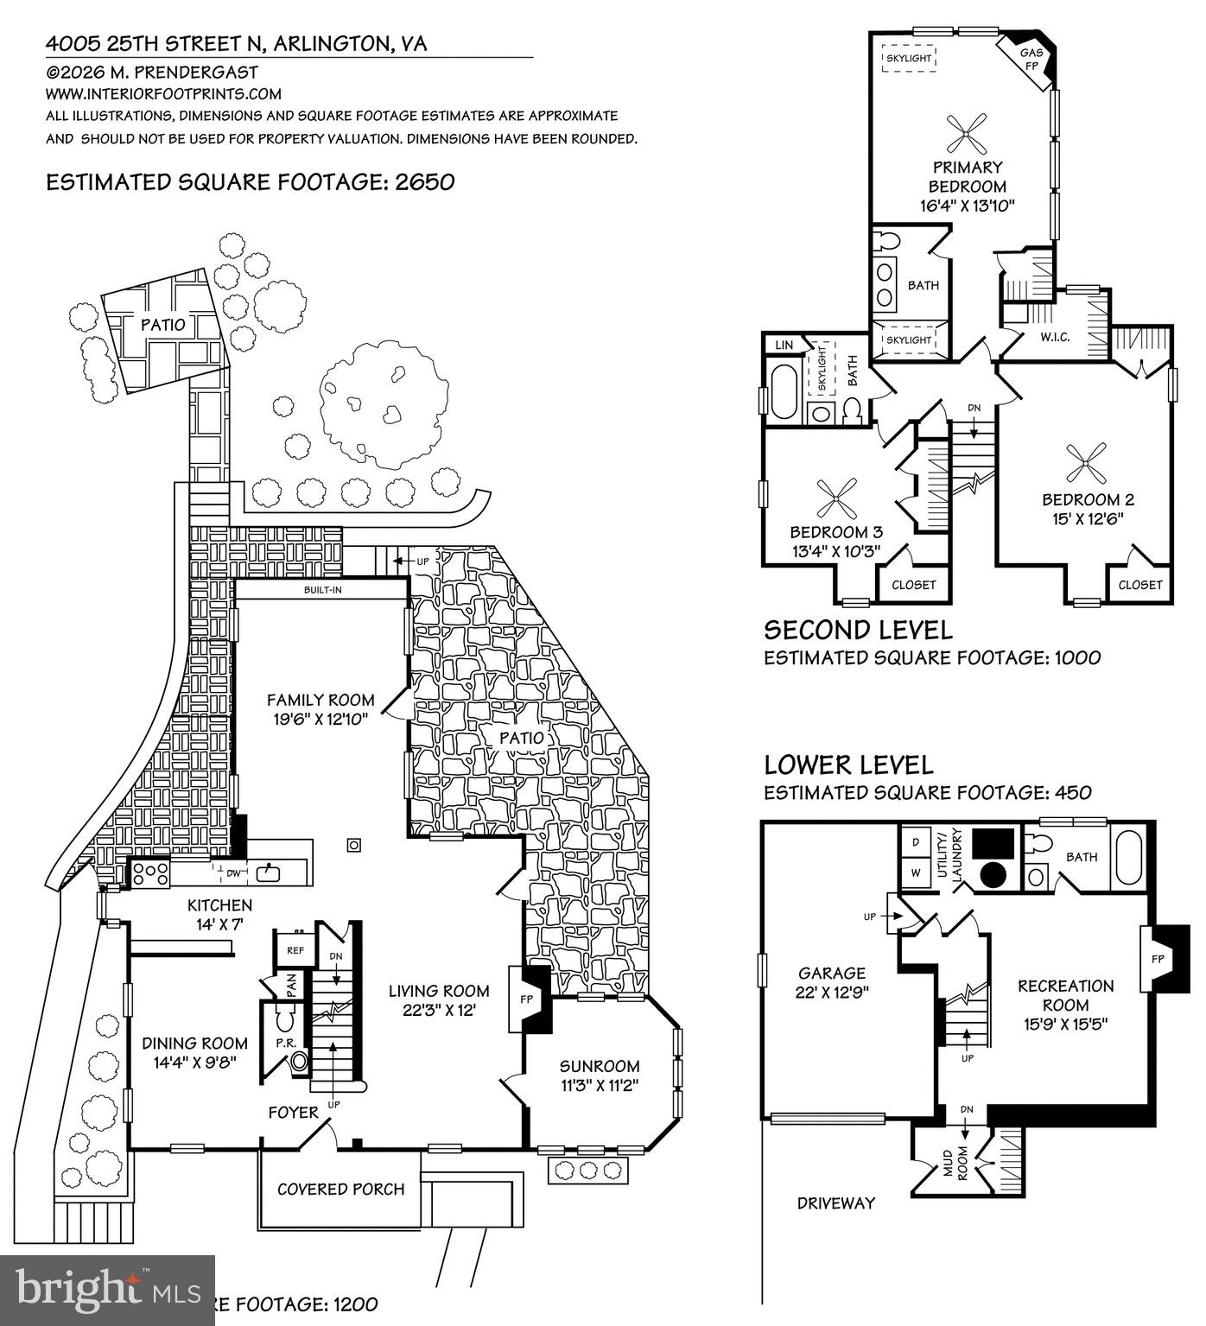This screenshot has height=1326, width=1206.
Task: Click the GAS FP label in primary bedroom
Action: (x=1033, y=58)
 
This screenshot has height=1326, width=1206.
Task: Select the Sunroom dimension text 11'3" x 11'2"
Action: (x=600, y=1086)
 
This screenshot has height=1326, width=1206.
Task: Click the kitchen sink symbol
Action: (x=269, y=872)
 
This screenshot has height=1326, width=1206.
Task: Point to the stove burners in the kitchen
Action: (x=150, y=874)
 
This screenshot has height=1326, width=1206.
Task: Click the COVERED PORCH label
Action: (x=341, y=1190)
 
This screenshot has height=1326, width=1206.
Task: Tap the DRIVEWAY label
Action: (x=836, y=1202)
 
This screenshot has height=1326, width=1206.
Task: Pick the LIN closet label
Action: (x=784, y=345)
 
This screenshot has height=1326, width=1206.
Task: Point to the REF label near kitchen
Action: (x=294, y=949)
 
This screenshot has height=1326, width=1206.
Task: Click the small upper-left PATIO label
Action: (x=163, y=325)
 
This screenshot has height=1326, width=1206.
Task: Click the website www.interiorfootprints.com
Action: (x=163, y=94)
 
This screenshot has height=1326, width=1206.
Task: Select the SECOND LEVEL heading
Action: (x=858, y=629)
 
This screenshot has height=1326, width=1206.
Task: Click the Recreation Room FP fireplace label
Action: (x=1158, y=959)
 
